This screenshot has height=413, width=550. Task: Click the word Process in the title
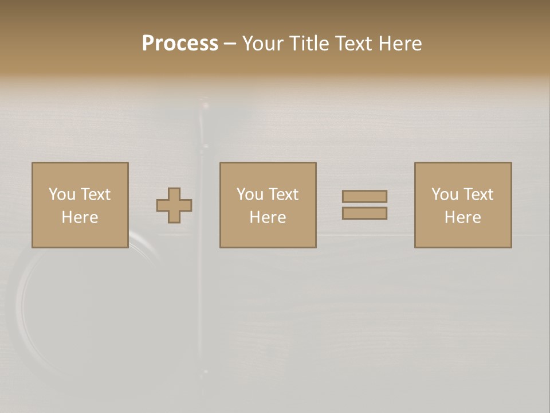coord(180,44)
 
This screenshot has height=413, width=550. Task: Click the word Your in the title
coord(263,44)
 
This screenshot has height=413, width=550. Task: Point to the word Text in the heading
coord(354,44)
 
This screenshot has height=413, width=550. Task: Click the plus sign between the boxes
coord(174,205)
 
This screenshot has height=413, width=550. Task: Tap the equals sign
coord(364,205)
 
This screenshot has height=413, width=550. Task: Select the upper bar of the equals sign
coord(364,196)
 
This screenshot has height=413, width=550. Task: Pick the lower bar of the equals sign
coord(364,213)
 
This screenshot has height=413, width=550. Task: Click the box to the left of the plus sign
coord(80,205)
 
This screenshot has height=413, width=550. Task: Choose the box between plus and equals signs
coord(268,205)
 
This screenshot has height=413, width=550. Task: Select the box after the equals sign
coord(463,205)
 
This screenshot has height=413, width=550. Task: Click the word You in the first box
coord(62,194)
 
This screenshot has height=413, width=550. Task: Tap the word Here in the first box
coord(80,217)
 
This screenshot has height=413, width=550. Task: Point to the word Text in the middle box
coord(284,194)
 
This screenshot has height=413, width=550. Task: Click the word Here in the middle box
coord(268,217)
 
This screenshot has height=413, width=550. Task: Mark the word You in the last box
coord(445,194)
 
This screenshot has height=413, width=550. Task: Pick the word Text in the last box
coord(478,194)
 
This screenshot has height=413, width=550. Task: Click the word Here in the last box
coord(462,217)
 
